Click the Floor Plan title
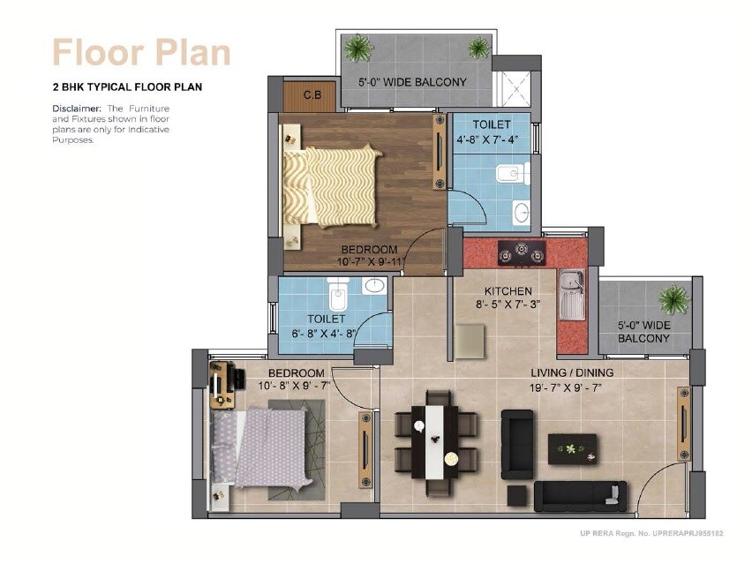coord(141,52)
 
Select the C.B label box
coord(312,95)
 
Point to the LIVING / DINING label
coord(571,372)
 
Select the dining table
coord(436,440)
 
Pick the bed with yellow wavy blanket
coord(332,186)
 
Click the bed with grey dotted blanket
coord(261,447)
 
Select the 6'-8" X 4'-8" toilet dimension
coord(325,334)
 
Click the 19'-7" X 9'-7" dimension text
coord(571,387)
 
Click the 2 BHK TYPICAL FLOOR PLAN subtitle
coord(128,88)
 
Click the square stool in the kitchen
coord(470,341)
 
